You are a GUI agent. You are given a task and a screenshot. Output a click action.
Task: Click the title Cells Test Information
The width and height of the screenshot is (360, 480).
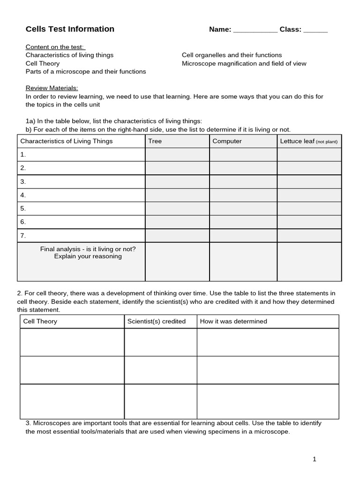(70, 29)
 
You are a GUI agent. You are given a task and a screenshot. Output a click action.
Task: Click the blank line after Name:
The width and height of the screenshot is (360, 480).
(255, 30)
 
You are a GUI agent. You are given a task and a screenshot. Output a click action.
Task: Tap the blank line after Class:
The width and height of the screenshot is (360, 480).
(315, 30)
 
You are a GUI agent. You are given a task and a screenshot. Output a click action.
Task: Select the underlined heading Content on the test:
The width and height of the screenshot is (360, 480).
(55, 47)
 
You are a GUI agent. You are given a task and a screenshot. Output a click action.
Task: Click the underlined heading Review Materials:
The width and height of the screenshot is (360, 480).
(52, 88)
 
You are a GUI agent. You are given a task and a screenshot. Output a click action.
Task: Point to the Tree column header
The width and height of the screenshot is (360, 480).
(155, 141)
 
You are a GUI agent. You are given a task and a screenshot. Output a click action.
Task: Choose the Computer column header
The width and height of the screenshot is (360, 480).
(227, 141)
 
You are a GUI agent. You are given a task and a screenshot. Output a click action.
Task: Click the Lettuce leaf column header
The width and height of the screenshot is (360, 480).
(308, 141)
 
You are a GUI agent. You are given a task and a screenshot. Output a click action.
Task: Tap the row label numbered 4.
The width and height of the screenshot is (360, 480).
(23, 195)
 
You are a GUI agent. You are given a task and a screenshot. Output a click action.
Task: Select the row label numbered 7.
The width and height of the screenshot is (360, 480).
(23, 235)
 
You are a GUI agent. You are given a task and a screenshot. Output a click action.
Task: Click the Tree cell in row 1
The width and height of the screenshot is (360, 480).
(177, 154)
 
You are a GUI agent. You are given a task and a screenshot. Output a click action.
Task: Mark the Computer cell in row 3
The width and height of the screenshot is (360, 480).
(243, 181)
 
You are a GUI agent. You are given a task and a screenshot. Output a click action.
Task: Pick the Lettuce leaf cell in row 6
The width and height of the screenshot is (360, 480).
(309, 222)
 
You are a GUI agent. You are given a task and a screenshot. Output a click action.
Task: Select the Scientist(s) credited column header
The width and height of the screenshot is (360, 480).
(157, 321)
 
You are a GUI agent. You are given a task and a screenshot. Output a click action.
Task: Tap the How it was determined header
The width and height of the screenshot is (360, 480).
(233, 321)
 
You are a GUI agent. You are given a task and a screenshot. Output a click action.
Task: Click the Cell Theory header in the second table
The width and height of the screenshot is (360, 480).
(40, 321)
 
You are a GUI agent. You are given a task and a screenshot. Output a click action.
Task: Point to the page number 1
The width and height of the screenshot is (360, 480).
(315, 459)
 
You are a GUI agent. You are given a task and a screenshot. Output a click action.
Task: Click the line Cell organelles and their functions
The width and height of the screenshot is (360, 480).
(232, 55)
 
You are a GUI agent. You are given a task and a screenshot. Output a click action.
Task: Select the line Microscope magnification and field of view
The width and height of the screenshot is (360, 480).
(244, 63)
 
